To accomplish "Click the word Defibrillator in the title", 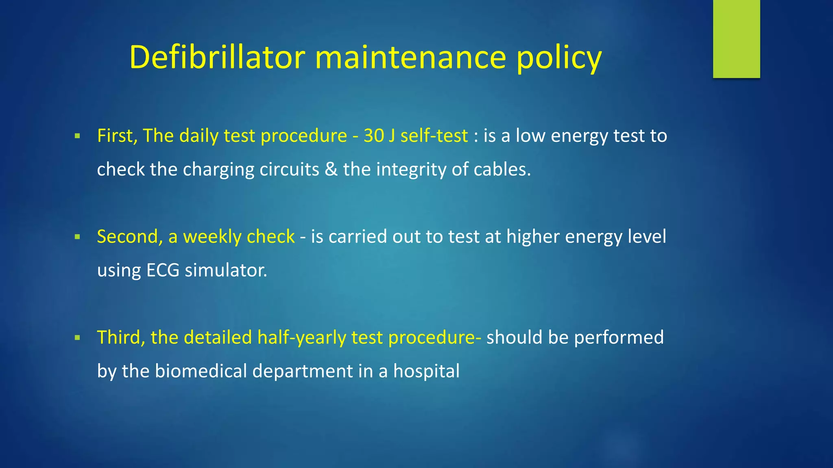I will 217,57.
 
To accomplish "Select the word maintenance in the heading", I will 410,57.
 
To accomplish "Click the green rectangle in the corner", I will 736,39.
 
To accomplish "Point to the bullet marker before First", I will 77,136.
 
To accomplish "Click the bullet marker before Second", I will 77,237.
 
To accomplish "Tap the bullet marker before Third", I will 77,338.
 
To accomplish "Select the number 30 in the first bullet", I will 373,136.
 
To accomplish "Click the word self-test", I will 434,136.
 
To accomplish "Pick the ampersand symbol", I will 331,169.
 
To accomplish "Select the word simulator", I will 226,270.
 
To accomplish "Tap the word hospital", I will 426,371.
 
